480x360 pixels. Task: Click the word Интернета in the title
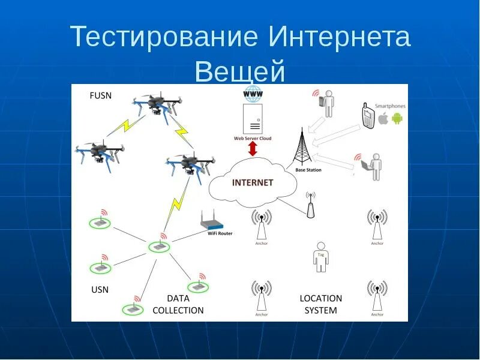(339, 37)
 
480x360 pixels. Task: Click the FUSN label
(101, 95)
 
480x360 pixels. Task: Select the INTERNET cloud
(253, 182)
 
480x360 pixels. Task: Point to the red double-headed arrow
(253, 149)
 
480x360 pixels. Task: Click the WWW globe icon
(253, 94)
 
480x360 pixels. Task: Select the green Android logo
(397, 119)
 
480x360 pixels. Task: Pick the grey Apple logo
(383, 119)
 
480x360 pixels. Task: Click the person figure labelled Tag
(320, 257)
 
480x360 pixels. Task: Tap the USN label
(100, 290)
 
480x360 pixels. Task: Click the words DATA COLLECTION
(178, 304)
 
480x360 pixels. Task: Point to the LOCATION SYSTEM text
(320, 304)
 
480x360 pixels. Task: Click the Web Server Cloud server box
(253, 119)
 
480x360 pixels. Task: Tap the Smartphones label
(390, 106)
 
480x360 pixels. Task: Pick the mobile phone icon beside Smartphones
(368, 115)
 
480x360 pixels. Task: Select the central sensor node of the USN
(159, 246)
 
